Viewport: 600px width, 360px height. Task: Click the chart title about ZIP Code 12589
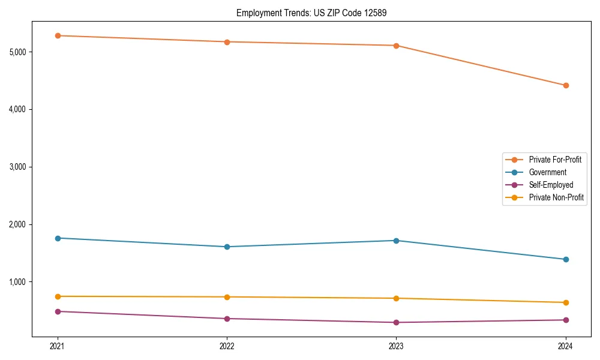307,13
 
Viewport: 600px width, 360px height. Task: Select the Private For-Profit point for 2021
58,35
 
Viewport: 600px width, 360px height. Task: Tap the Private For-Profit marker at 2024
566,85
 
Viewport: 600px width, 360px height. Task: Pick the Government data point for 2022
227,247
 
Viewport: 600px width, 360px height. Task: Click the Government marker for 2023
396,241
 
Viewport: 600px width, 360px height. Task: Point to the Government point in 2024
566,259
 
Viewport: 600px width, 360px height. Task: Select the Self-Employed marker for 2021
58,311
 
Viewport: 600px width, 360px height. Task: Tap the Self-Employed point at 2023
396,322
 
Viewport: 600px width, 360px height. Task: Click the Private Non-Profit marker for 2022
227,297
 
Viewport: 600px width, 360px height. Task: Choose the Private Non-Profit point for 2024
566,302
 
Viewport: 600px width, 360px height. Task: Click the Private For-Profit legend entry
555,160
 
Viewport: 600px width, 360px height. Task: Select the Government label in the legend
547,172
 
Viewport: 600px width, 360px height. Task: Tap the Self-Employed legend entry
551,185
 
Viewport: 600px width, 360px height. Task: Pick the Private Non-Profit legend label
556,197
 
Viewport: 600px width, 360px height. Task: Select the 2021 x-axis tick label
58,346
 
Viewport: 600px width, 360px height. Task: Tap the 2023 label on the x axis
396,346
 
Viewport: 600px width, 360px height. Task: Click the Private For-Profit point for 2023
396,46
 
